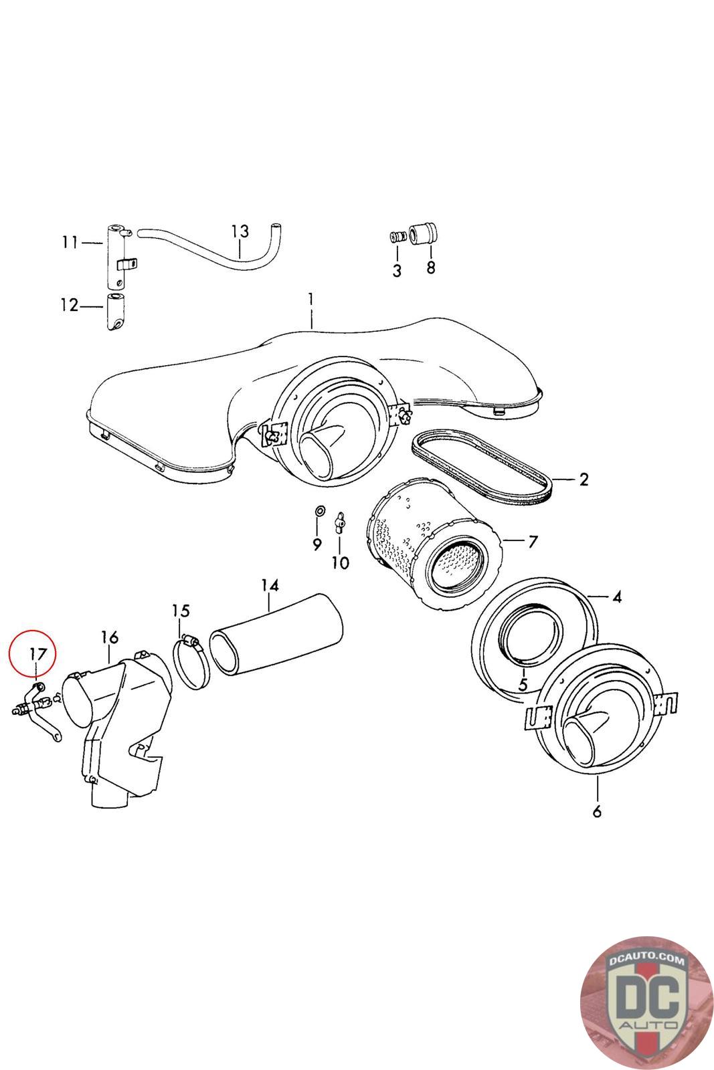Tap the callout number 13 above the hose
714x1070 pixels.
[x=240, y=231]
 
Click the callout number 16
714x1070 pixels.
[x=110, y=636]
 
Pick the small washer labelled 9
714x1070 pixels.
[x=320, y=512]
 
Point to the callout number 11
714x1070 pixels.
[x=70, y=242]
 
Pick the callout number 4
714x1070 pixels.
[x=616, y=597]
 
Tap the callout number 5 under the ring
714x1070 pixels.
[x=523, y=684]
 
